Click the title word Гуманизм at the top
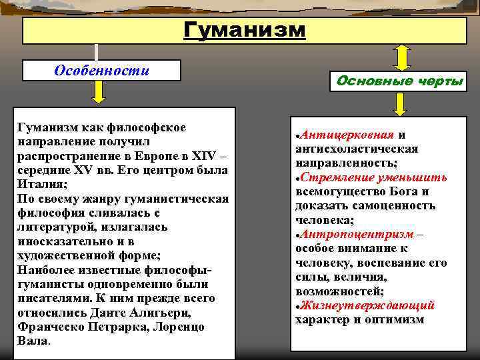point(245,30)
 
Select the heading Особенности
point(101,71)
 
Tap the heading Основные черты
point(400,81)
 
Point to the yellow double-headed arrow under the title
point(402,58)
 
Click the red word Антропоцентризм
point(357,234)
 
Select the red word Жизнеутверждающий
point(367,305)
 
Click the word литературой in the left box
point(57,227)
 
